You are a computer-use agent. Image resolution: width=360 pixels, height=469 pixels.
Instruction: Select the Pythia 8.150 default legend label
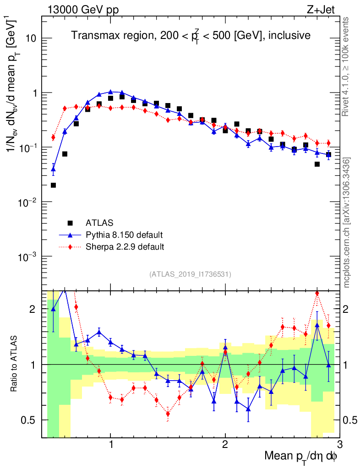[x=124, y=235]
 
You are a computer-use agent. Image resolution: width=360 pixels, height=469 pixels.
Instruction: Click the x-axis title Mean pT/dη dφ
[x=301, y=457]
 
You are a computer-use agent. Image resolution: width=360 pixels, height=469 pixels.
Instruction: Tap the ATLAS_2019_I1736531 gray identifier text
[x=190, y=274]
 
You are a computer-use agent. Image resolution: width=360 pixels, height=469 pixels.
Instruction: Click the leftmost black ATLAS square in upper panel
[x=53, y=185]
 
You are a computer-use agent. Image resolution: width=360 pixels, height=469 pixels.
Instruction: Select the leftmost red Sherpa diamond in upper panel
[x=53, y=137]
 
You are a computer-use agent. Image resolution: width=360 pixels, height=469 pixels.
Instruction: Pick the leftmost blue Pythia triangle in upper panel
[x=53, y=169]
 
